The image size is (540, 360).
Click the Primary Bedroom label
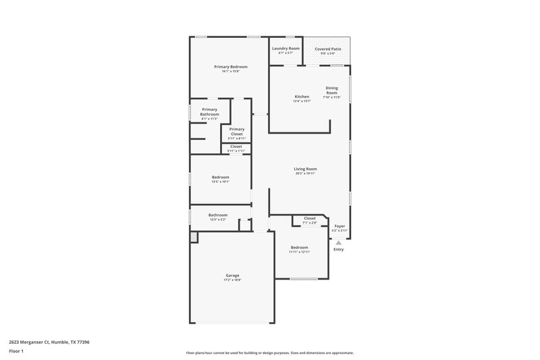(x=231, y=67)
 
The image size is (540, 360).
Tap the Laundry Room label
(x=286, y=49)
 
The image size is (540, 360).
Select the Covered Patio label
(x=327, y=49)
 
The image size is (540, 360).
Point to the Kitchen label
(x=302, y=97)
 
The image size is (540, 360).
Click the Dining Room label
(x=331, y=90)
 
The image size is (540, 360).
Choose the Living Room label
(x=305, y=169)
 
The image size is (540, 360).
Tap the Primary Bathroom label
(x=209, y=112)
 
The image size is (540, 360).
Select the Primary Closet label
(x=236, y=132)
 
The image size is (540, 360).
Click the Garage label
(x=232, y=275)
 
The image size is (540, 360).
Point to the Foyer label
(x=340, y=226)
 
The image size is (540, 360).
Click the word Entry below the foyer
(x=338, y=250)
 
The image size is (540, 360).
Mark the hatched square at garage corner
(x=194, y=237)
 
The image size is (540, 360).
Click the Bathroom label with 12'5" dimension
(x=218, y=215)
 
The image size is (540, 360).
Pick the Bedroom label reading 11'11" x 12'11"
(x=299, y=247)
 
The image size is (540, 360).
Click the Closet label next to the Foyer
(x=309, y=218)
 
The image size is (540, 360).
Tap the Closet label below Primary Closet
(x=236, y=147)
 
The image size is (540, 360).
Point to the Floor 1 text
(x=17, y=352)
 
